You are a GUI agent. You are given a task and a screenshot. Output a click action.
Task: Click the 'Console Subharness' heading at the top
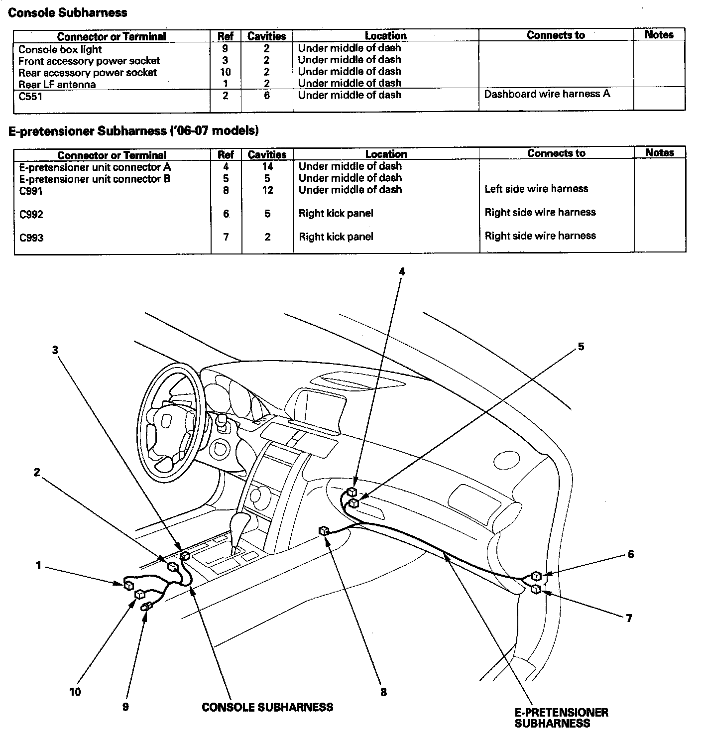(68, 13)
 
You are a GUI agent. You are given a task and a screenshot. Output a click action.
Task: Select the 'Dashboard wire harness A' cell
(547, 94)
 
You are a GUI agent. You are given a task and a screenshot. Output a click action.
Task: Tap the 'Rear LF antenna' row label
(57, 84)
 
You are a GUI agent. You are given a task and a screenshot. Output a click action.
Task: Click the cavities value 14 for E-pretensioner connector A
(267, 167)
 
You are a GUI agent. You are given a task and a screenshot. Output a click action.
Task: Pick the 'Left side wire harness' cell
(536, 189)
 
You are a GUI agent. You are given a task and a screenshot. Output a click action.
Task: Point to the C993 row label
(31, 238)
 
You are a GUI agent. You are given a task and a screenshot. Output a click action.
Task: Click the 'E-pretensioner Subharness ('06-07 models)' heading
(133, 131)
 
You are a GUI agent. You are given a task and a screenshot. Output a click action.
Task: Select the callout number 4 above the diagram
(402, 271)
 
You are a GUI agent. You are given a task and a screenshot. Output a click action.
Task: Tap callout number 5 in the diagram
(581, 346)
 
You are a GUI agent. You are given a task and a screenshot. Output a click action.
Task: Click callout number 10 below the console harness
(75, 691)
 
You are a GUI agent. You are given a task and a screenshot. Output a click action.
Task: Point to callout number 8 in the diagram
(383, 692)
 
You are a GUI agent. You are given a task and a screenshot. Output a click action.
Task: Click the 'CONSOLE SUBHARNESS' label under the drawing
(267, 707)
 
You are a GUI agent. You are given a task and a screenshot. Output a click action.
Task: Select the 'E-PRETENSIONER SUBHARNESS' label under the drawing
(561, 718)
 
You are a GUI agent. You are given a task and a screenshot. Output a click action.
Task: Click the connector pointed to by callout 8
(324, 531)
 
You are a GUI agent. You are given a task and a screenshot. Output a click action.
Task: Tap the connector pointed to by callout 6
(536, 576)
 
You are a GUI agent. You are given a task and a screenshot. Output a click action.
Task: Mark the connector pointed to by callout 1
(128, 584)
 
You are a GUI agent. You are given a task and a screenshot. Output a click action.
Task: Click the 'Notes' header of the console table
(659, 35)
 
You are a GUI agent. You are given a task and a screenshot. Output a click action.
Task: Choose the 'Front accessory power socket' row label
(89, 61)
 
